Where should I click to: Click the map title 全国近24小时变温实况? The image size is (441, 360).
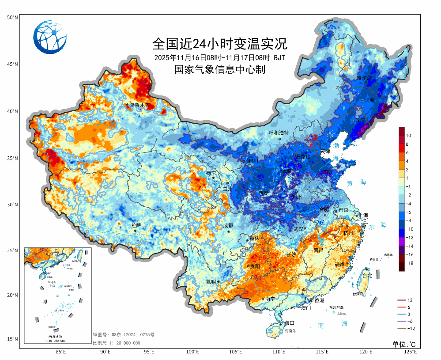pos(219,43)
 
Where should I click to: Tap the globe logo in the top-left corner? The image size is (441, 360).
pos(50,36)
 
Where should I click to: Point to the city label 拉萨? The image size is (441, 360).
pos(136,225)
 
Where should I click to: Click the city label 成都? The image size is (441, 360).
pos(228,225)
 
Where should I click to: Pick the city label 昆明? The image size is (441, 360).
pos(211,282)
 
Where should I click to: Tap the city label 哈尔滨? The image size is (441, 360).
pos(365,78)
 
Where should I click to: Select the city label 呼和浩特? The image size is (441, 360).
pos(279,133)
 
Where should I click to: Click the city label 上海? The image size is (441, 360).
pos(363,216)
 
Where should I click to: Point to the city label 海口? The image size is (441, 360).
pos(289,323)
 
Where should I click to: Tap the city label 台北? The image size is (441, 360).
pos(367,276)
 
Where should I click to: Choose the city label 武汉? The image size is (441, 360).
pos(298,229)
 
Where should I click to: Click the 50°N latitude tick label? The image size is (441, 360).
pos(12,17)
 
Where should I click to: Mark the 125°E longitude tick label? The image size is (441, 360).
pos(410,352)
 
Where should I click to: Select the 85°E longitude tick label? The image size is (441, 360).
pos(61,352)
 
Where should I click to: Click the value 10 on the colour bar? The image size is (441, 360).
pos(409,135)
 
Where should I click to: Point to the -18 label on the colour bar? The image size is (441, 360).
pos(410,263)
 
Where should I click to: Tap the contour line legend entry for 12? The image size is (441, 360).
pos(410,300)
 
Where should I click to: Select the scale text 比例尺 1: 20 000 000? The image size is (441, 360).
pos(117,343)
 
